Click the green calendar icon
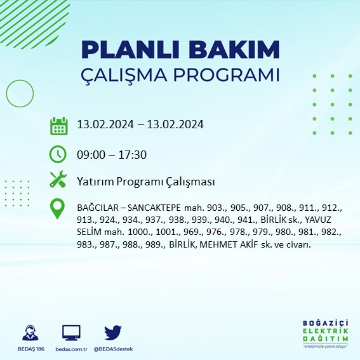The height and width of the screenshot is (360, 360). (x=58, y=126)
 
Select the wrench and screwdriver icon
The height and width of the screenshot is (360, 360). (x=58, y=180)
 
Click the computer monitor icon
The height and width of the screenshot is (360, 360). (x=70, y=333)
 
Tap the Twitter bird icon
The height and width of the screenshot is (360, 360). (x=112, y=333)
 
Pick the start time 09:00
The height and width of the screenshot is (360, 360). (x=90, y=154)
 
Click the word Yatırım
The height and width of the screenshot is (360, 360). (x=94, y=182)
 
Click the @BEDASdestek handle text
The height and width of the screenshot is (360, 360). (x=113, y=349)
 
